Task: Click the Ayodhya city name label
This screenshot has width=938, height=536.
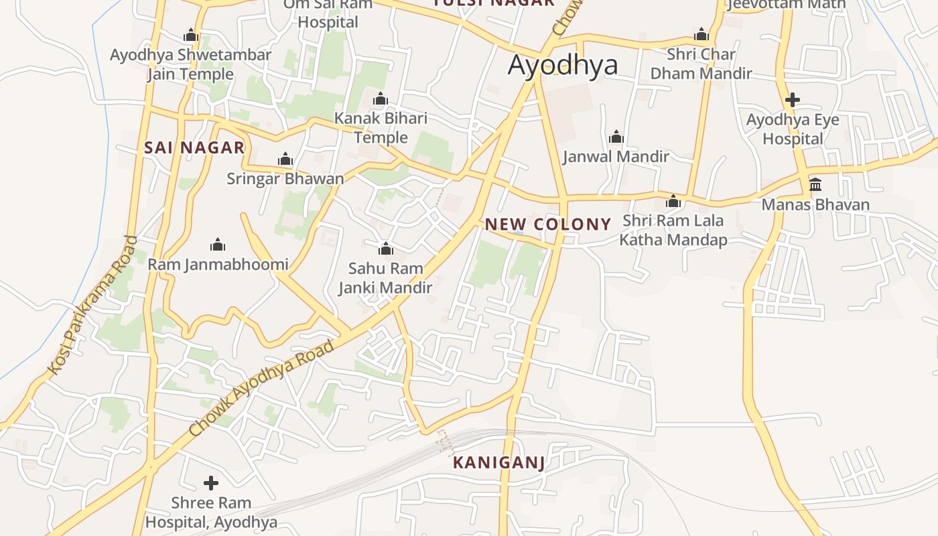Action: click(563, 66)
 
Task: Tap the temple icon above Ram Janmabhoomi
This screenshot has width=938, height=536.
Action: click(217, 245)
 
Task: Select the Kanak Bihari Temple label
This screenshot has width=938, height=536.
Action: click(381, 128)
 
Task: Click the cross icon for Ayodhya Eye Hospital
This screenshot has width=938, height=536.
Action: click(793, 100)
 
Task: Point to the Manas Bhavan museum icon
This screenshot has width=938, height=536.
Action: click(815, 184)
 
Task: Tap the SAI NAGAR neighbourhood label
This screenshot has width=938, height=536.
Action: click(194, 148)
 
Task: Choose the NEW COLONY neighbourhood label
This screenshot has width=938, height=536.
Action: click(548, 224)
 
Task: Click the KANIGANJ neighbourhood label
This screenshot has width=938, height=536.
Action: click(498, 462)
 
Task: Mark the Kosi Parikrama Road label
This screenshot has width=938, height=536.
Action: click(92, 305)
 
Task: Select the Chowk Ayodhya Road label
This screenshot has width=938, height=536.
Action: click(261, 389)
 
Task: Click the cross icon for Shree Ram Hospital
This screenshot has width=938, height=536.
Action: click(211, 483)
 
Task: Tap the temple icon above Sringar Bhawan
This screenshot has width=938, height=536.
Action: click(285, 159)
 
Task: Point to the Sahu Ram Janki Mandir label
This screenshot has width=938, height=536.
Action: click(385, 278)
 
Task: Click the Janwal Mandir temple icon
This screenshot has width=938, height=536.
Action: click(616, 138)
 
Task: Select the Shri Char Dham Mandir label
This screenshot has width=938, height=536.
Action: click(701, 64)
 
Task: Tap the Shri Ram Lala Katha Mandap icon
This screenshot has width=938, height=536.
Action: click(673, 202)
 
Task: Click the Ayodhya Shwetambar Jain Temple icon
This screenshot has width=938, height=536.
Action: click(191, 36)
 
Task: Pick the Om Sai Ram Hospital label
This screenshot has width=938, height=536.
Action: click(328, 13)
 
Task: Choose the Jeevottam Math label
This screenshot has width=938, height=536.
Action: click(787, 5)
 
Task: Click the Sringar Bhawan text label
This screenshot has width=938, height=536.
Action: click(285, 179)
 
